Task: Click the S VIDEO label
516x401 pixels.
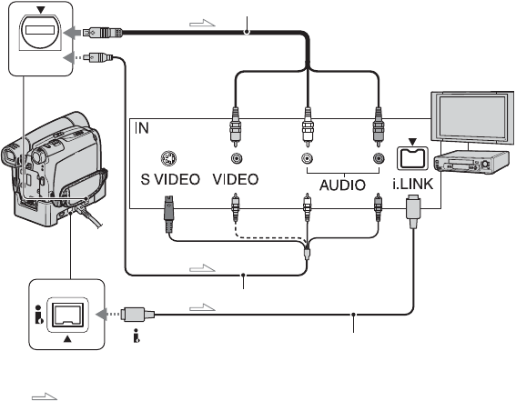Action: point(170,179)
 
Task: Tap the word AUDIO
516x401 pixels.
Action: point(342,185)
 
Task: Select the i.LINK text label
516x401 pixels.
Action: point(413,184)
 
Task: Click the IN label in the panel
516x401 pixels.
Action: point(142,128)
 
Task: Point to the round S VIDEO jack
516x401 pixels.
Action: point(168,158)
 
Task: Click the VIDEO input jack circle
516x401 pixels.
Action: point(236,158)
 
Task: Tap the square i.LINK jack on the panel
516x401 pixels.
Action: point(412,158)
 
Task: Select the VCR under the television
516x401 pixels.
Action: point(468,162)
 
